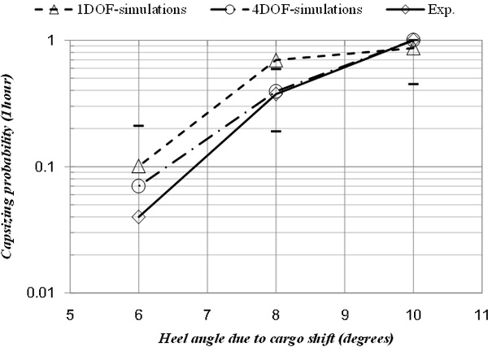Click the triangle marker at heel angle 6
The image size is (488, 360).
138,167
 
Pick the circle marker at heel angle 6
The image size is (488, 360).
138,186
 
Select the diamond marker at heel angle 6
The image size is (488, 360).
138,217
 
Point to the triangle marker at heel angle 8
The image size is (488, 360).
276,61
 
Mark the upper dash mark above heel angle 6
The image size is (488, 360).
138,125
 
